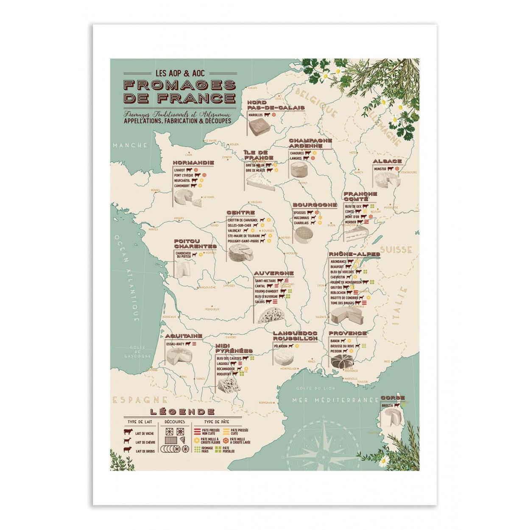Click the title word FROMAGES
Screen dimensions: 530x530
pyautogui.click(x=179, y=85)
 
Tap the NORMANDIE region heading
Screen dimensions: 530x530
pyautogui.click(x=193, y=162)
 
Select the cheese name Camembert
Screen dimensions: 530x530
pyautogui.click(x=182, y=186)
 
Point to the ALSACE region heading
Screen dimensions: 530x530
pyautogui.click(x=387, y=161)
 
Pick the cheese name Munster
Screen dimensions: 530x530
pyautogui.click(x=380, y=169)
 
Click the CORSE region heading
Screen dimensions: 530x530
pyautogui.click(x=393, y=398)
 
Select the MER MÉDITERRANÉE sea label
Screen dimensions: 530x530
pyautogui.click(x=335, y=400)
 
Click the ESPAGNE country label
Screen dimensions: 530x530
pyautogui.click(x=140, y=400)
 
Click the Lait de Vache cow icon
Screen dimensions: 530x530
pyautogui.click(x=128, y=433)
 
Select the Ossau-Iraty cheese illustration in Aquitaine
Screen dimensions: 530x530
pyautogui.click(x=179, y=357)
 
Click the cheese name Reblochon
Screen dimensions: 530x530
pyautogui.click(x=338, y=293)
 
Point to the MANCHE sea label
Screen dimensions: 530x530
pyautogui.click(x=130, y=145)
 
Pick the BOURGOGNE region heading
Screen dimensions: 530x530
pyautogui.click(x=315, y=205)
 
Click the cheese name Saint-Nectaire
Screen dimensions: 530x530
pyautogui.click(x=265, y=281)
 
